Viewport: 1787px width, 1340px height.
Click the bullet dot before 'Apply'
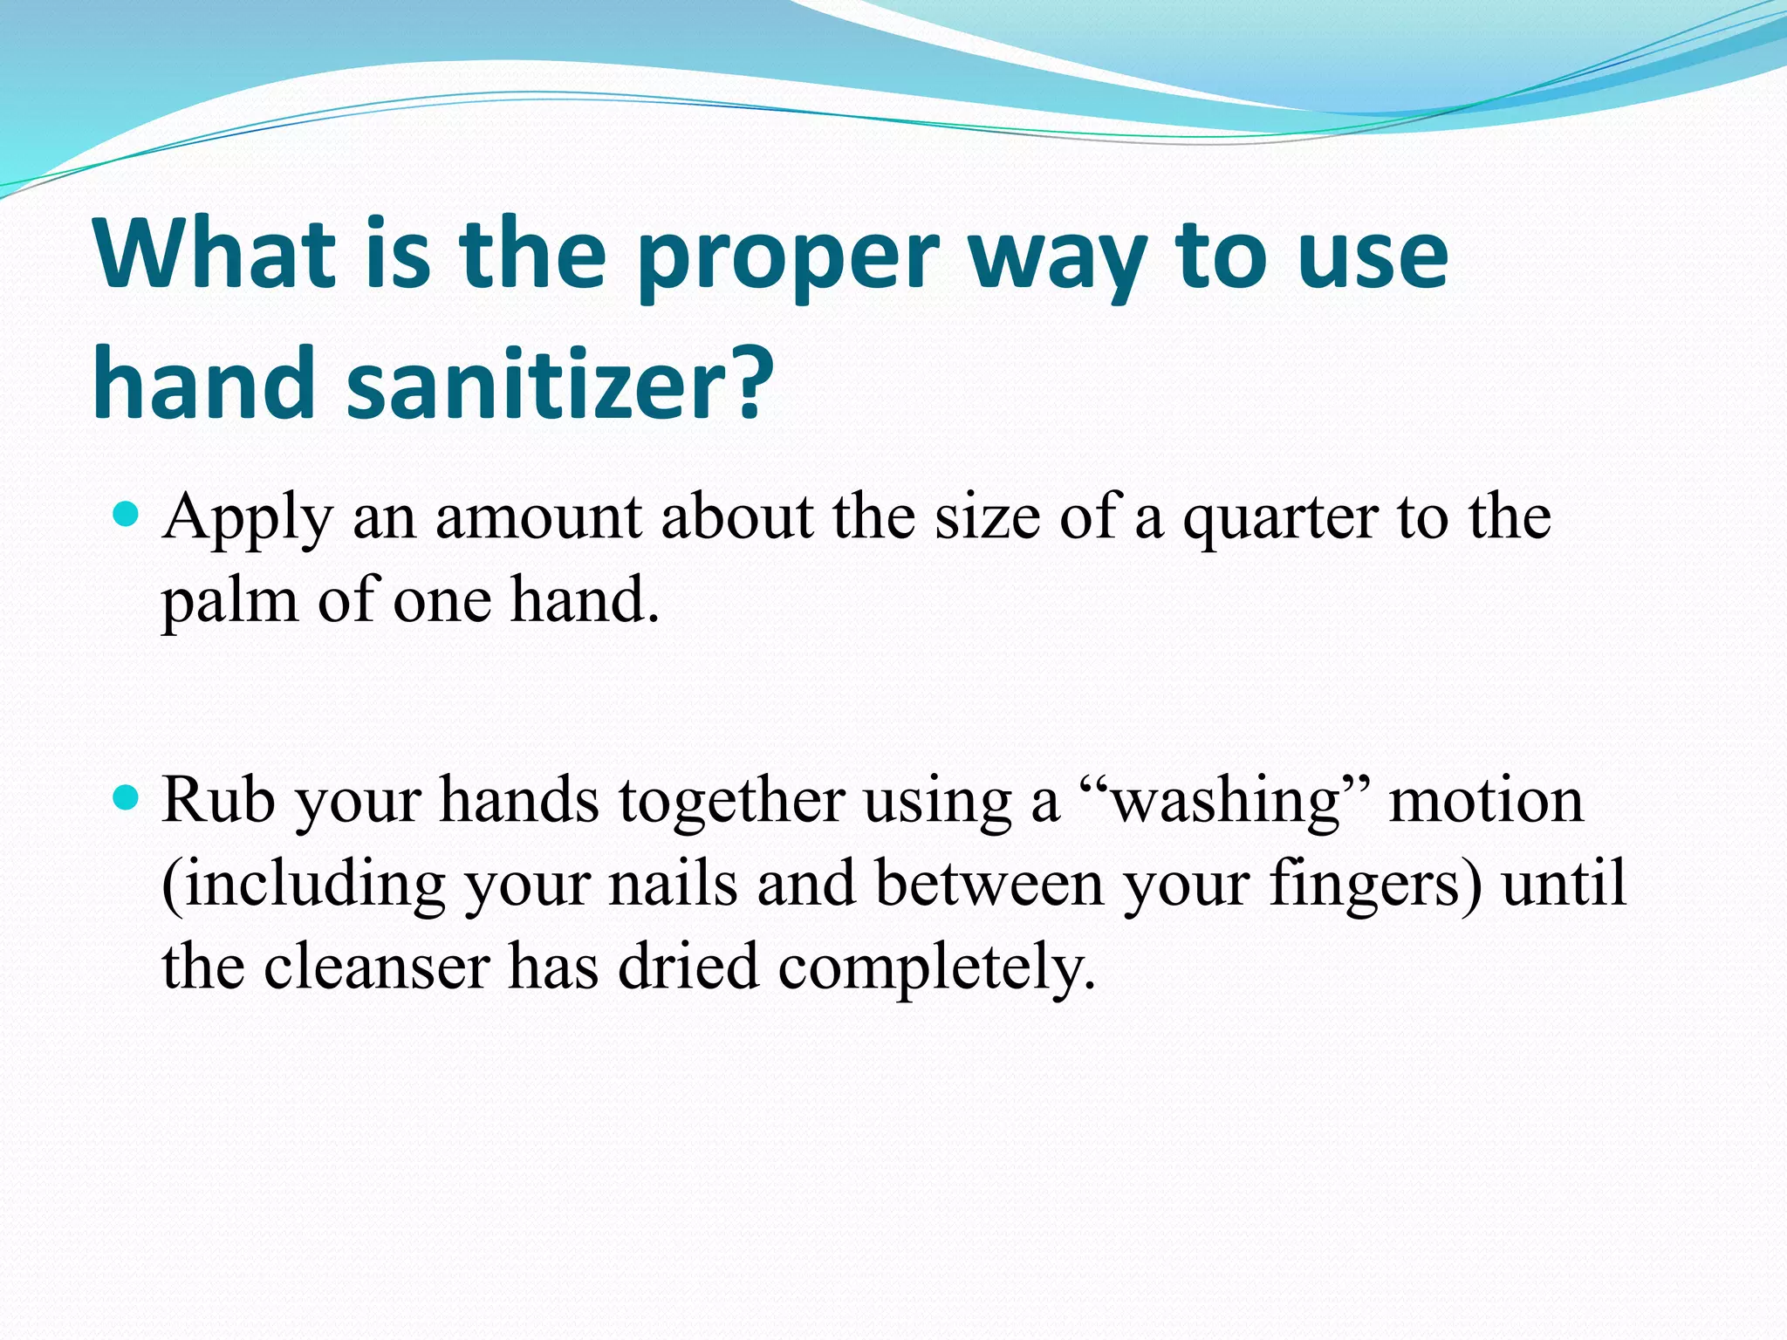[x=127, y=515]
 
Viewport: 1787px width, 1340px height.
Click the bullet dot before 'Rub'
[x=127, y=797]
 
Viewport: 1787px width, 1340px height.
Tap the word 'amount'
[x=537, y=518]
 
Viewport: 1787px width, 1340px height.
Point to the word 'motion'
[x=1485, y=800]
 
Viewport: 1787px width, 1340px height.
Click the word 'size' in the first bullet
[x=987, y=518]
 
